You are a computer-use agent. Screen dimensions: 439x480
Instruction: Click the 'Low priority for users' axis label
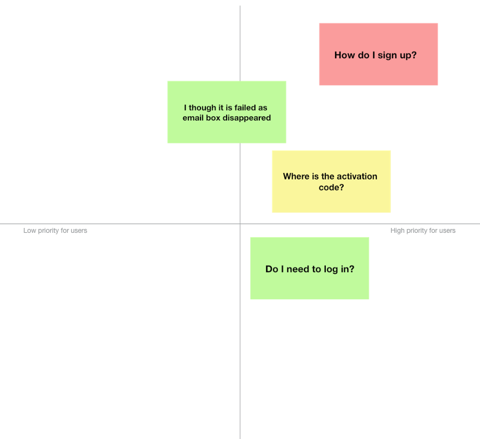(55, 231)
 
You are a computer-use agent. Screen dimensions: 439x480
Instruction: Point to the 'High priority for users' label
(423, 231)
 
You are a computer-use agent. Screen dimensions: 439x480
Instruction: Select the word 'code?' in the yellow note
(331, 188)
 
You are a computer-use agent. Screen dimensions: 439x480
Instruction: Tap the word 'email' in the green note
(193, 118)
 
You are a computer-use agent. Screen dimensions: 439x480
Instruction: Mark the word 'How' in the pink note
(344, 55)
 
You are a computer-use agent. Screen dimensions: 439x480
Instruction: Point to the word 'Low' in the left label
(29, 231)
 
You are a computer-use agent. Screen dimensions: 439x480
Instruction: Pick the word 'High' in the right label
(398, 231)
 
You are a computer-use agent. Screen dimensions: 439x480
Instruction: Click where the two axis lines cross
(240, 224)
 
